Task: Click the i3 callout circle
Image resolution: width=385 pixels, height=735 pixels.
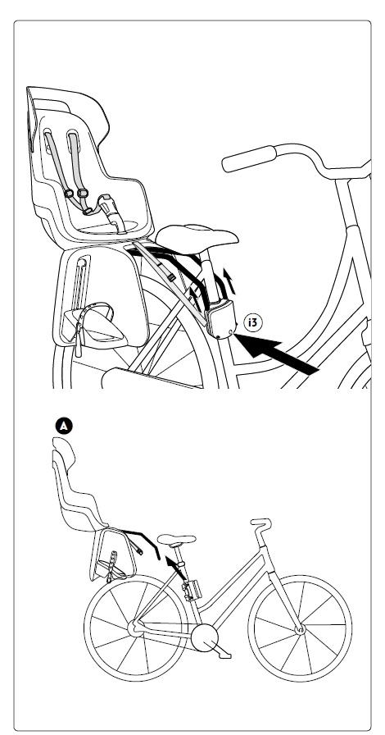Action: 253,322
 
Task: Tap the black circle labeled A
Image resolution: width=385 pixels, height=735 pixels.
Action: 64,426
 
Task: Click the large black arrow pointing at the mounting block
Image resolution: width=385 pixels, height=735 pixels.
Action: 276,354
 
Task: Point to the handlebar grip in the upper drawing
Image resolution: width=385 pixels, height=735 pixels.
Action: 249,158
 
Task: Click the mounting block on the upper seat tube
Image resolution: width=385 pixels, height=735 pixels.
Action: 221,319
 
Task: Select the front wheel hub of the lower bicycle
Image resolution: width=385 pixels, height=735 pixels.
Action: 300,629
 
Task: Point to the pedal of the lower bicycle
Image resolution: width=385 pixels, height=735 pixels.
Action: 223,655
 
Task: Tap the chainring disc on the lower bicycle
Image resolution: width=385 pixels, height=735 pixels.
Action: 205,638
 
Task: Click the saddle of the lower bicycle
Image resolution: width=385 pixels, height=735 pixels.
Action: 177,540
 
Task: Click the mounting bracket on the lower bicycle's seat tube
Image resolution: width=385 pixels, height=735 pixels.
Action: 192,589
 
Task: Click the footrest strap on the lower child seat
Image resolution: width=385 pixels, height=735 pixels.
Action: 112,565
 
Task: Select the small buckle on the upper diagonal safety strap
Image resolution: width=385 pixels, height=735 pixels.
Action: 171,277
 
